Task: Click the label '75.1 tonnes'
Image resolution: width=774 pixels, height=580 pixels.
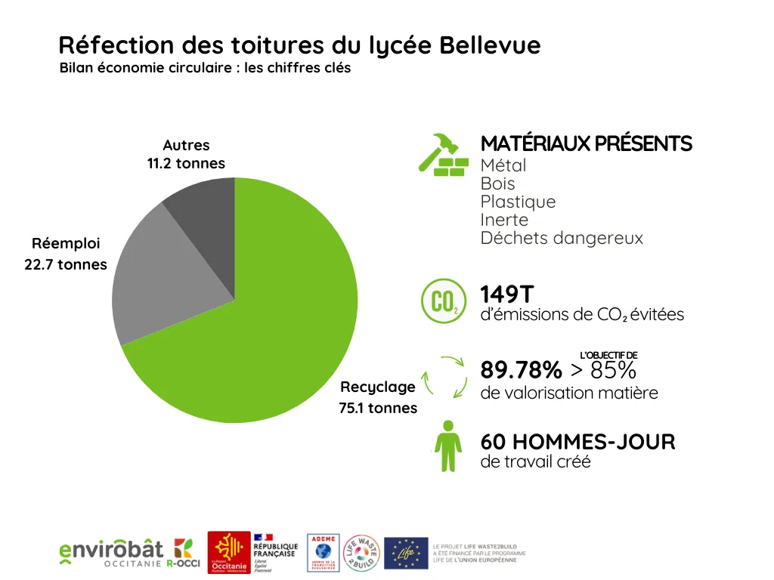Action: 378,409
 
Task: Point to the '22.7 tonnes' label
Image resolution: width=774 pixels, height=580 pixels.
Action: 66,264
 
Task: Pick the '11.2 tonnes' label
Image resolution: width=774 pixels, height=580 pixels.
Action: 186,164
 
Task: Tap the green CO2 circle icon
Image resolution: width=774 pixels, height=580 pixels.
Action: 442,301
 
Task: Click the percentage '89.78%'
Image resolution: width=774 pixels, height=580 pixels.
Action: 521,371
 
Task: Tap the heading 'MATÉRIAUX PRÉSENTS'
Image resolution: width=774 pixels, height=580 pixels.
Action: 586,143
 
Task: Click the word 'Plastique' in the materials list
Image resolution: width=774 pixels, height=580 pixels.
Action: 518,202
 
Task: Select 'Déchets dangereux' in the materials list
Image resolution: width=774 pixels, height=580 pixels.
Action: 562,238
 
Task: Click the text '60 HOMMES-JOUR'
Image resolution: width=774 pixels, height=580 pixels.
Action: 577,442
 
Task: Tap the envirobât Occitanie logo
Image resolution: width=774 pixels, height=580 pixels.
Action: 130,554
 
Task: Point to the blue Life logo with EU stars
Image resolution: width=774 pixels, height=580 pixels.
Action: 406,554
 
